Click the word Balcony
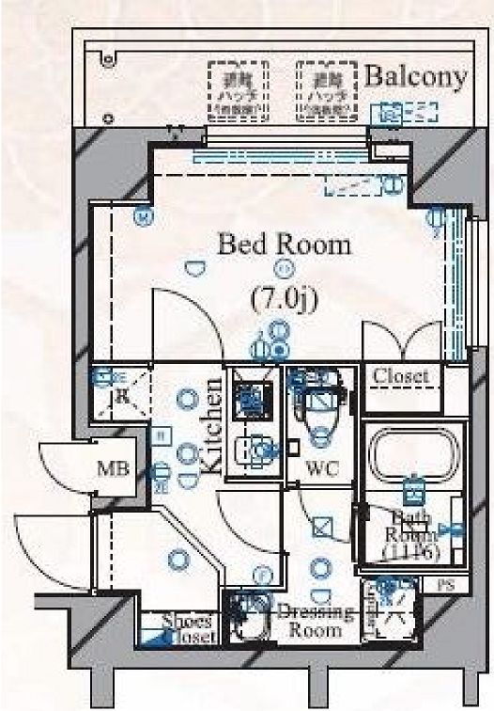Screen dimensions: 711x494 (x=415, y=77)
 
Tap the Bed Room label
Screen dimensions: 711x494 (x=284, y=245)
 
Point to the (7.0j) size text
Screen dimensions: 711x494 (x=286, y=299)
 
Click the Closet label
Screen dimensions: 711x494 (x=401, y=376)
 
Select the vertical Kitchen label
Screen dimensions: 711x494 (x=212, y=425)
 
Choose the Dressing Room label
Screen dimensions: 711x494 (x=316, y=621)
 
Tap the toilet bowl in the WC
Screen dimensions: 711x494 (x=316, y=414)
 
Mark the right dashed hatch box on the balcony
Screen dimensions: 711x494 (x=328, y=90)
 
